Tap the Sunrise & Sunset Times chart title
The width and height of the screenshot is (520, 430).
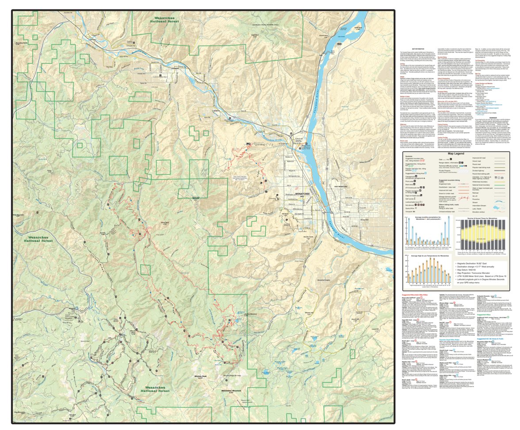pyautogui.click(x=483, y=219)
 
